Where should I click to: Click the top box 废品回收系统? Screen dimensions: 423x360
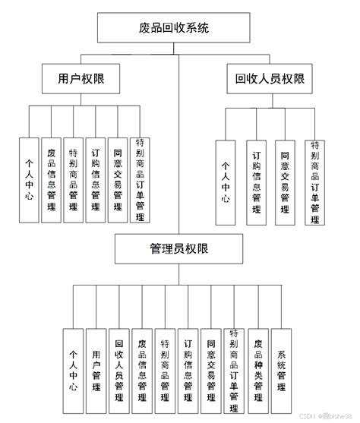[179, 29]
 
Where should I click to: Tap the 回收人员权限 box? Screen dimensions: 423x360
[270, 79]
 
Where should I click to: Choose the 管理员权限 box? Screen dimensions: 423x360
[179, 248]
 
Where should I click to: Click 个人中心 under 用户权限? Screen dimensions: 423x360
[29, 180]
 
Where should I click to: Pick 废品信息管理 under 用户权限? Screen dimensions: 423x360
[51, 180]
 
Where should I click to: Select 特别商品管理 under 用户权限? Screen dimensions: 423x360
[74, 180]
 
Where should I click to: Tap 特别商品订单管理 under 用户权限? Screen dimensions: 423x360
[140, 180]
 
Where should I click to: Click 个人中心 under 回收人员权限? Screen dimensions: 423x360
[226, 182]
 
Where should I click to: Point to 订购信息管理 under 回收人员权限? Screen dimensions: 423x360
[256, 182]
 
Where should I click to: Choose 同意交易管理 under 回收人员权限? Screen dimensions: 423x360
[284, 182]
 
